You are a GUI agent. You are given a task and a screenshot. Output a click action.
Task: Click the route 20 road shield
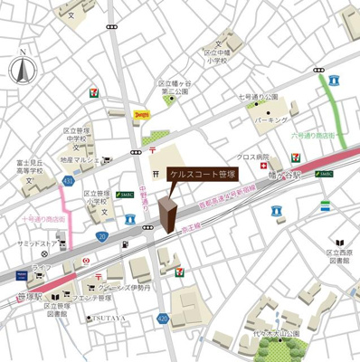point(102,236)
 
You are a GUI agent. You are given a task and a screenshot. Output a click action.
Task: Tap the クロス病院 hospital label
point(251,157)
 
